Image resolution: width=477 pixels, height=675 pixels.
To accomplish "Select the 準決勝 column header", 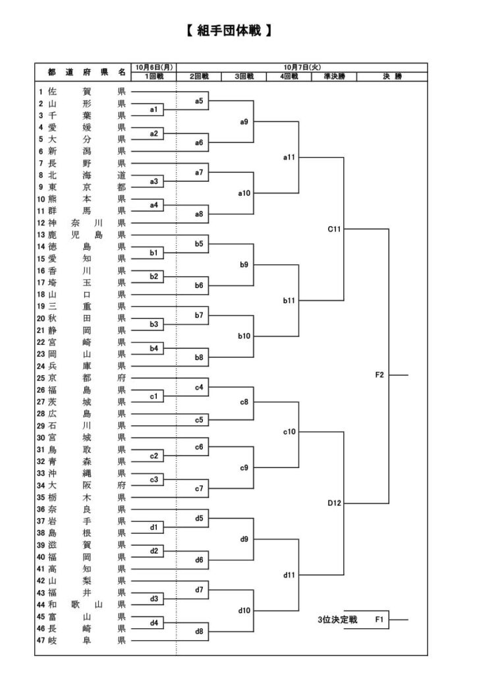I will click(x=334, y=76).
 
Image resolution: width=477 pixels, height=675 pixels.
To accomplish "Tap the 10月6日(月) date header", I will click(x=154, y=67).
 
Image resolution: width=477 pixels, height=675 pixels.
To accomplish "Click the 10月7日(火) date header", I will click(x=302, y=67).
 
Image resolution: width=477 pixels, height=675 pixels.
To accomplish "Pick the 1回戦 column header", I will click(x=154, y=76).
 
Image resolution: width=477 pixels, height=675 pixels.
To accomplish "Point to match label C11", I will click(x=334, y=229).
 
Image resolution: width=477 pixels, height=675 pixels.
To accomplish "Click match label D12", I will click(x=334, y=503).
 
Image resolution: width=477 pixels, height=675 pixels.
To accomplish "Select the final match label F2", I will click(x=379, y=375).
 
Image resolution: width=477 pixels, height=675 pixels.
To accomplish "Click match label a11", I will click(x=289, y=158).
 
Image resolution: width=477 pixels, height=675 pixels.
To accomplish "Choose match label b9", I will click(x=244, y=264).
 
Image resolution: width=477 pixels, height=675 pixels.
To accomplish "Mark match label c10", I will click(x=289, y=432).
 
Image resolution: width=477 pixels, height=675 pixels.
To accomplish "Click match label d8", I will click(x=199, y=631).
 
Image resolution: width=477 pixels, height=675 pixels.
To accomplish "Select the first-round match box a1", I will click(x=154, y=109).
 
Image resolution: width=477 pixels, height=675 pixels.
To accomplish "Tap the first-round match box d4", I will click(x=154, y=623).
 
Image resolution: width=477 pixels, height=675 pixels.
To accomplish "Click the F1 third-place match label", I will click(x=379, y=620).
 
